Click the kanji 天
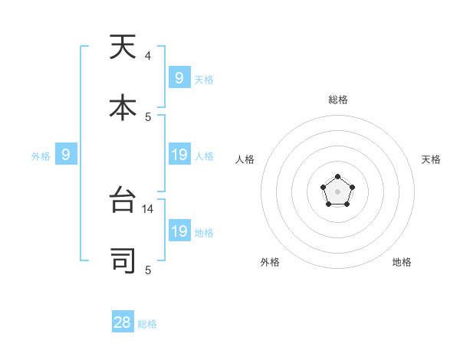click(123, 47)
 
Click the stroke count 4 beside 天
click(147, 56)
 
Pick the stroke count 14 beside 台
click(149, 208)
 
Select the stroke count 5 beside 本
click(147, 116)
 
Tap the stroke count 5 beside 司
click(147, 269)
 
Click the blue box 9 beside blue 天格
click(179, 78)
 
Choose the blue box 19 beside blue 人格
click(179, 155)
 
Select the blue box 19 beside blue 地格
click(179, 231)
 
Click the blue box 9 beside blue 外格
click(66, 155)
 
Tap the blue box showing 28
click(123, 322)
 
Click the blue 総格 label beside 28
click(147, 324)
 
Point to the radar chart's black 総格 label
click(337, 100)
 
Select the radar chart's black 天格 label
click(431, 159)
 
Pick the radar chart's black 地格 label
click(402, 262)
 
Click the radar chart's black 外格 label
click(270, 262)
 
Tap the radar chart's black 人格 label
click(245, 159)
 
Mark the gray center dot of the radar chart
click(337, 191)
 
